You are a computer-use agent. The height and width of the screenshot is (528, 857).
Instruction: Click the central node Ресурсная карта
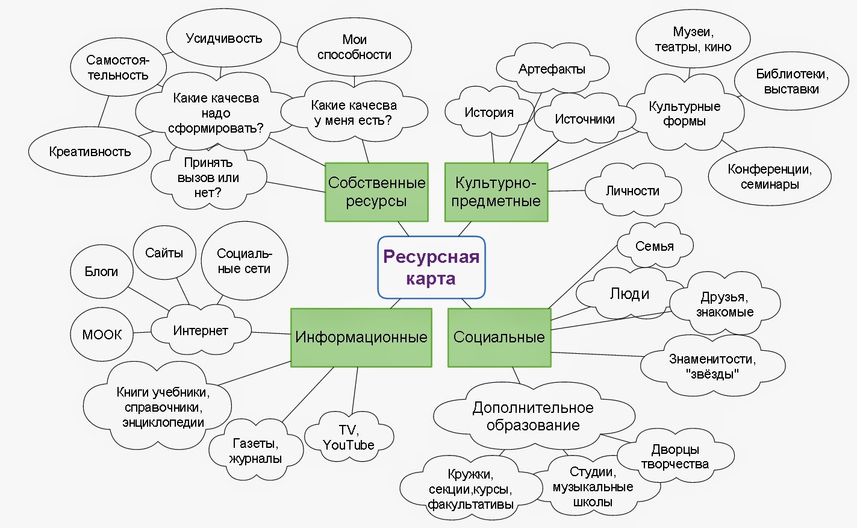[x=431, y=268]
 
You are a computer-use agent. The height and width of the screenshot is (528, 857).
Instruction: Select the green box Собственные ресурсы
[x=376, y=192]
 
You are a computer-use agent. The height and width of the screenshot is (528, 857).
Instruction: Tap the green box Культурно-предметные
[x=496, y=192]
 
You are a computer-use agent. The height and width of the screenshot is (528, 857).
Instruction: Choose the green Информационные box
[x=361, y=338]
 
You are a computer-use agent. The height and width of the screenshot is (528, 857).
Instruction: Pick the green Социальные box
[x=499, y=338]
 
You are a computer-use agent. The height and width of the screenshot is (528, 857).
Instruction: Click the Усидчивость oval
[x=223, y=39]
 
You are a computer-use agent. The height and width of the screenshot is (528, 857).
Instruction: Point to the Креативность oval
[x=90, y=152]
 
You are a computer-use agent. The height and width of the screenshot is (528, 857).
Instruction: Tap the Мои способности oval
[x=354, y=47]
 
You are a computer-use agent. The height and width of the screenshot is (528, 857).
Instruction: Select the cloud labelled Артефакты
[x=552, y=69]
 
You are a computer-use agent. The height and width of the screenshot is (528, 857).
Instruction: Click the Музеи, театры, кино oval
[x=693, y=40]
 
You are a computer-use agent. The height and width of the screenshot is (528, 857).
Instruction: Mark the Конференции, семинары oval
[x=770, y=177]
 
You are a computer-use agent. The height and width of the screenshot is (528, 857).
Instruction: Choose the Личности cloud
[x=632, y=191]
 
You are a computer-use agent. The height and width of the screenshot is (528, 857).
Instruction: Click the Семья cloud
[x=655, y=246]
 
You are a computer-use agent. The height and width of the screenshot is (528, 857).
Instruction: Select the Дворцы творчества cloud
[x=675, y=457]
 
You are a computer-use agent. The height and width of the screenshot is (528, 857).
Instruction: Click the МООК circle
[x=102, y=335]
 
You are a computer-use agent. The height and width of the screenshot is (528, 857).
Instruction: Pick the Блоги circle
[x=101, y=272]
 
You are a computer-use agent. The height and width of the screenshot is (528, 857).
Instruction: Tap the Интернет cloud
[x=201, y=331]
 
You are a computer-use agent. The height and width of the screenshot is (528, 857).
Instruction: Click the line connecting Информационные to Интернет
[x=271, y=333]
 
